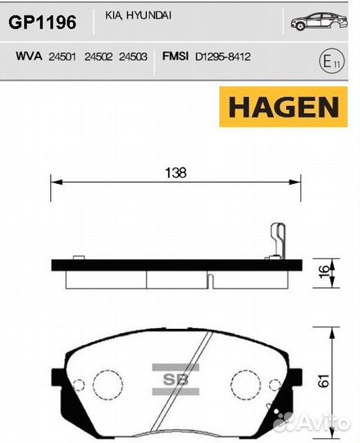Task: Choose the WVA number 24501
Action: [x=63, y=57]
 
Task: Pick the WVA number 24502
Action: [x=98, y=57]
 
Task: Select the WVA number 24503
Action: [x=133, y=57]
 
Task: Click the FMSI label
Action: [x=175, y=57]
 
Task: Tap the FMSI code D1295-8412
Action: [x=223, y=57]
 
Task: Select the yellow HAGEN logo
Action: [x=280, y=107]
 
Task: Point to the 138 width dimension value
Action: [x=175, y=173]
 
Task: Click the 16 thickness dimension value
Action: [x=324, y=272]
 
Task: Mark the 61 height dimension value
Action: [x=324, y=380]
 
